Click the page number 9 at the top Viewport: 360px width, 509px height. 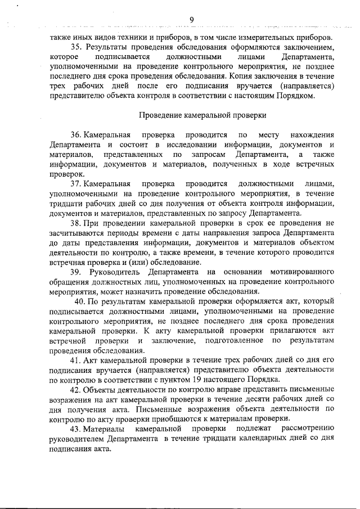tap(191, 20)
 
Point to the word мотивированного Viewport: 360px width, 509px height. tap(302, 272)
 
